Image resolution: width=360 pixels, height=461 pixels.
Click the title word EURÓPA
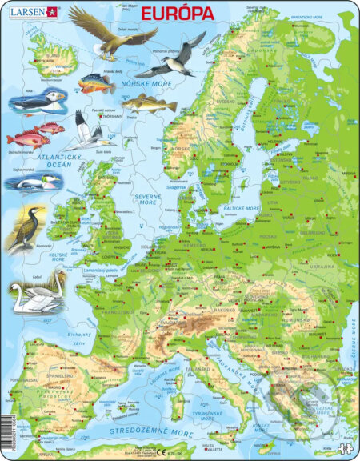[x=178, y=14]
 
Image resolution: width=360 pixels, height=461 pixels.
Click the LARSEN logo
[x=31, y=11]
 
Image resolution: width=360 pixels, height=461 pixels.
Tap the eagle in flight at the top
[x=111, y=33]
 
